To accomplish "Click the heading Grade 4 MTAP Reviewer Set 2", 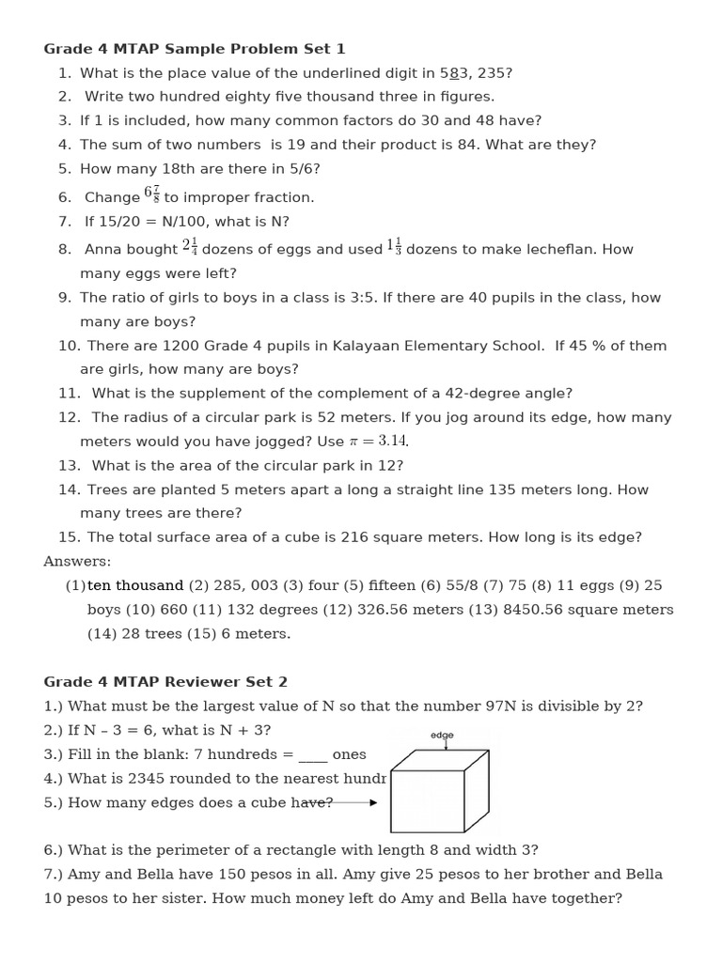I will point(165,682).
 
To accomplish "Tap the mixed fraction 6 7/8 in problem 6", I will point(151,194).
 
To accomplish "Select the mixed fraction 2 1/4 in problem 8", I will point(189,247).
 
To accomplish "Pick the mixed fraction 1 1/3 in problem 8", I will point(394,247).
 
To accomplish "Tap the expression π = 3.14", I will point(378,441).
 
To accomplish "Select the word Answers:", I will point(77,562).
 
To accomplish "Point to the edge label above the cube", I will point(442,735).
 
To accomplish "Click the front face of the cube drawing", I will point(427,801).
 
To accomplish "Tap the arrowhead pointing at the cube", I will point(373,802).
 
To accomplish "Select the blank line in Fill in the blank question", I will point(313,755).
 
